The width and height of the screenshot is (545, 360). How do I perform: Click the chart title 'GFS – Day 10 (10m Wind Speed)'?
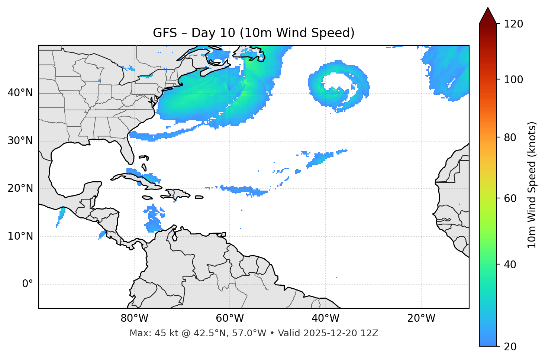[x=254, y=33]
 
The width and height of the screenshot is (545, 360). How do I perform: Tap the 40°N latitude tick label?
[x=20, y=93]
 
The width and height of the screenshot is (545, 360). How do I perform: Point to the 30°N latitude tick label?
[x=20, y=141]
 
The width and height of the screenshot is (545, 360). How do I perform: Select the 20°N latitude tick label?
[x=20, y=188]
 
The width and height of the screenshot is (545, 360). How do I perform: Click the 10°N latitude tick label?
[x=20, y=236]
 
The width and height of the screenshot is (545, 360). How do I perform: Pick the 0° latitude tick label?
[x=27, y=284]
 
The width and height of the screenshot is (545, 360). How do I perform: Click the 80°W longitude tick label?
[x=134, y=318]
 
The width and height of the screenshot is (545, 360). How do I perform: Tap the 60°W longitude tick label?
[x=230, y=318]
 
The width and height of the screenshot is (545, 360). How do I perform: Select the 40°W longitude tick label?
[x=325, y=318]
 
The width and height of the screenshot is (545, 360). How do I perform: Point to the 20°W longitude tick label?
[x=421, y=318]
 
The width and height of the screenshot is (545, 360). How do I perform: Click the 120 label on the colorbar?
[x=513, y=24]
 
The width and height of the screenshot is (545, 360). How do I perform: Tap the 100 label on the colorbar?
[x=513, y=80]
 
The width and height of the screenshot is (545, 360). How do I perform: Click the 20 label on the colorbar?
[x=511, y=347]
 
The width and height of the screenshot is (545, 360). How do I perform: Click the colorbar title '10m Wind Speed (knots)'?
[x=532, y=185]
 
